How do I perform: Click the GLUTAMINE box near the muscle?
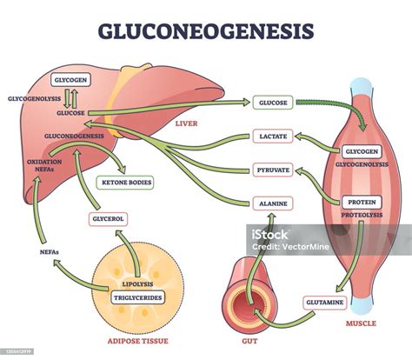pos(324,302)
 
